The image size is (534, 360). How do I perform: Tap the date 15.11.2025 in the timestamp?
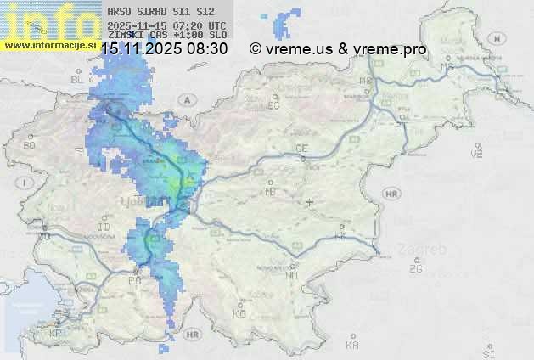(143, 49)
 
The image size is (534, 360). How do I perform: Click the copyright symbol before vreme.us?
(255, 49)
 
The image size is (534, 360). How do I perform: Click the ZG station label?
(415, 269)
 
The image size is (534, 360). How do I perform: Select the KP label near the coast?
(56, 334)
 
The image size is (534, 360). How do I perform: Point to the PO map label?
(134, 280)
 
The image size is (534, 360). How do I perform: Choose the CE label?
(301, 149)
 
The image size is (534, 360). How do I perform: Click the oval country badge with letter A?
(184, 99)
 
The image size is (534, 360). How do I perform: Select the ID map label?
(104, 228)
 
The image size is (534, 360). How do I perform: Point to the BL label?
(79, 79)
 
